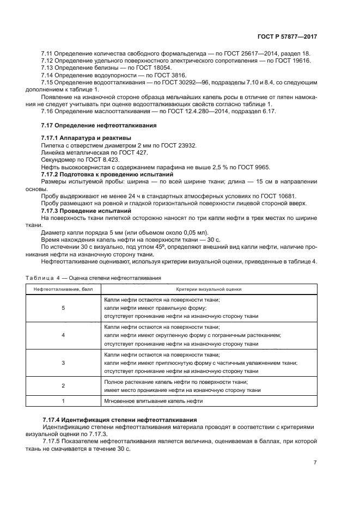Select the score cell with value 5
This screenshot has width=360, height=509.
click(64, 308)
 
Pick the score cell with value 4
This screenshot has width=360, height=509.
click(64, 335)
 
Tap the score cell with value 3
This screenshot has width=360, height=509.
click(64, 363)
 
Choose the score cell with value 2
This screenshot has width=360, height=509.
click(64, 385)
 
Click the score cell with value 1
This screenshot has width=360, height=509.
click(64, 401)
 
